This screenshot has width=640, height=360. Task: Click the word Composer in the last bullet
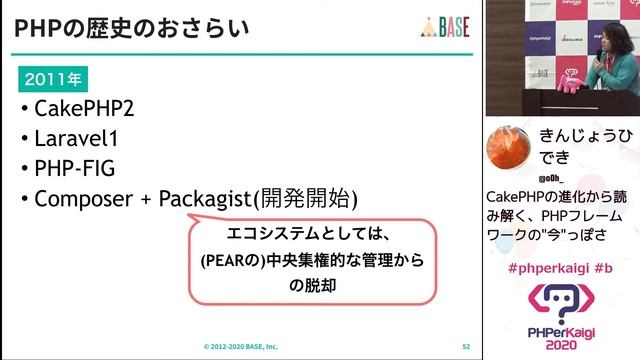(83, 198)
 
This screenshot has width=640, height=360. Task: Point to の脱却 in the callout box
(309, 286)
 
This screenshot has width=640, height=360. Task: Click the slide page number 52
(465, 347)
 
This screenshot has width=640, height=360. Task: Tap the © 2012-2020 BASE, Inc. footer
(240, 347)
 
